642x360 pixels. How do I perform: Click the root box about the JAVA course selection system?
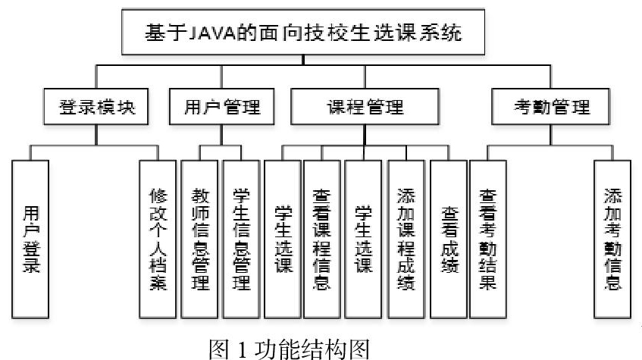[x=303, y=32]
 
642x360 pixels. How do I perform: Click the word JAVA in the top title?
[x=212, y=33]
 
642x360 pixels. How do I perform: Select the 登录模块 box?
[x=96, y=107]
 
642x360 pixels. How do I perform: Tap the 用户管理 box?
[x=221, y=107]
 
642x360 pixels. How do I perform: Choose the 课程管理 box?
[x=365, y=107]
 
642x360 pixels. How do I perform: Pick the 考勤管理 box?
[x=551, y=107]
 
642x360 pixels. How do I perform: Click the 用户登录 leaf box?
[x=30, y=239]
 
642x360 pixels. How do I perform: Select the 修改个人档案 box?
[x=158, y=239]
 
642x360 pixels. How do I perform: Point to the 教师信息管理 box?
[x=199, y=239]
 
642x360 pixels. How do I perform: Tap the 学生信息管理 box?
[x=241, y=239]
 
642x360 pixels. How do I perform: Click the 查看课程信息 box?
[x=322, y=239]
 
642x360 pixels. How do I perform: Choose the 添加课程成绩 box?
[x=406, y=239]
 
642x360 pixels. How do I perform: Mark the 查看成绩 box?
[x=449, y=239]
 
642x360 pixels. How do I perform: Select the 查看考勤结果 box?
[x=488, y=239]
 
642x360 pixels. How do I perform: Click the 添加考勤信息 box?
[x=612, y=239]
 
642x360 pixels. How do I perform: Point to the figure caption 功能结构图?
[x=312, y=349]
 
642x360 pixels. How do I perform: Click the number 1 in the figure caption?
[x=242, y=349]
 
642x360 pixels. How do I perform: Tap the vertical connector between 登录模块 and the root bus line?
[x=96, y=77]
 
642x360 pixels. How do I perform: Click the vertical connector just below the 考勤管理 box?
[x=551, y=135]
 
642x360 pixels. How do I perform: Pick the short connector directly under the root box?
[x=303, y=60]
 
